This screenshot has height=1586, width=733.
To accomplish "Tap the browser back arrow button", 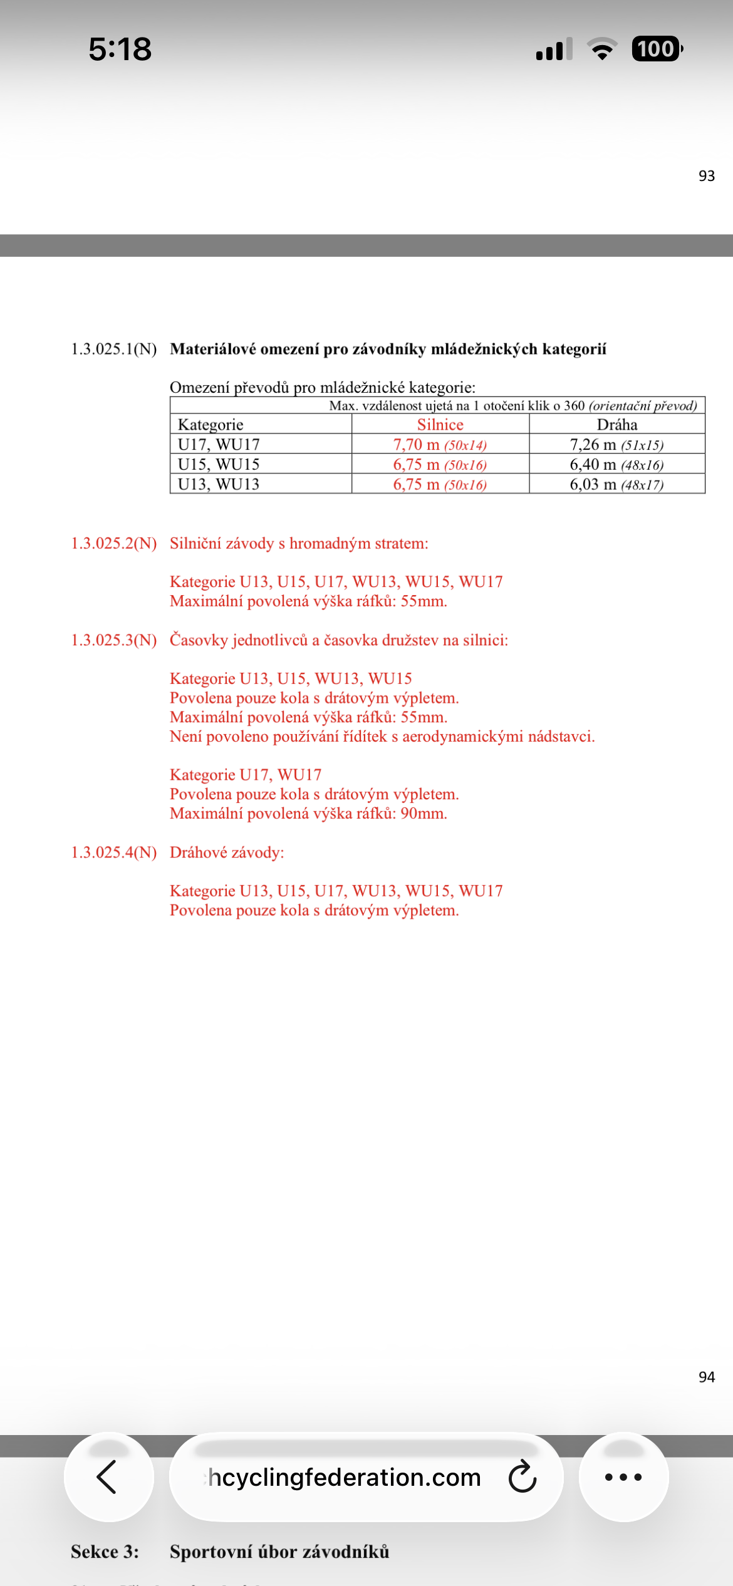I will [x=108, y=1476].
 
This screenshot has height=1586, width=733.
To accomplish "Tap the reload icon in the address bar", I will [x=522, y=1476].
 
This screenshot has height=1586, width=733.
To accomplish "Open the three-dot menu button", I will [x=623, y=1476].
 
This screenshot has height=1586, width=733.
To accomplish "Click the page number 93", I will [x=706, y=176].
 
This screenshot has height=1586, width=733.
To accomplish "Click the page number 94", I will [x=706, y=1377].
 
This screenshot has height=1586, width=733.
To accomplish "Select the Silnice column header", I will [x=440, y=425].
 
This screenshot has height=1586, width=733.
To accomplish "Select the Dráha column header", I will [x=617, y=425].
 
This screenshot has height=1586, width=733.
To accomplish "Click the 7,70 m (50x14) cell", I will [x=440, y=445].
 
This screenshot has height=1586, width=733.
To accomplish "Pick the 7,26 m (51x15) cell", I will [x=616, y=445].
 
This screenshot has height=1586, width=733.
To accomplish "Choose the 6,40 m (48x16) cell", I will [x=616, y=465].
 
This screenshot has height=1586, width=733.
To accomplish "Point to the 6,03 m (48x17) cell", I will [x=616, y=484].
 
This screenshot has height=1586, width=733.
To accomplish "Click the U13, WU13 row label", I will [x=219, y=484].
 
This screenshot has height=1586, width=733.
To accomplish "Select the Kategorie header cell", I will [x=211, y=425].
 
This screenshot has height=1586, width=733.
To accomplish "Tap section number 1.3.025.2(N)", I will [x=114, y=543].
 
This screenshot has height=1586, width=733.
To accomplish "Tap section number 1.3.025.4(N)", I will [x=114, y=853].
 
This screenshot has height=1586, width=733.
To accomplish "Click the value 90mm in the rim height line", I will [x=423, y=814].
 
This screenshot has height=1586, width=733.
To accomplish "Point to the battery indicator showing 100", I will [x=656, y=49].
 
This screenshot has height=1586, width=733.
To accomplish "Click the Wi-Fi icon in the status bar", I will [x=602, y=49].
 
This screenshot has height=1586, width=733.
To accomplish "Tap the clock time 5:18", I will [x=120, y=49].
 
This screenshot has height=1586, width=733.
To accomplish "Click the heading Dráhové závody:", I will [x=227, y=853].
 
